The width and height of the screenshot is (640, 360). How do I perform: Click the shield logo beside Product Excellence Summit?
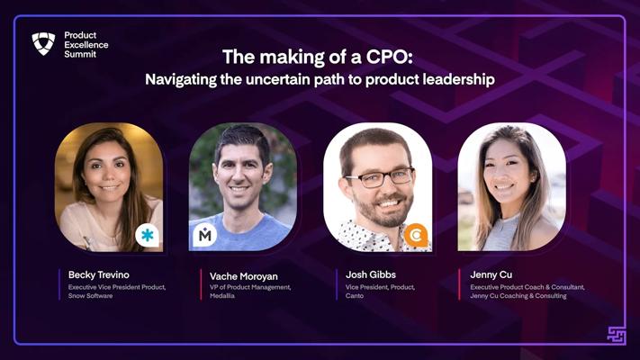pos(44,44)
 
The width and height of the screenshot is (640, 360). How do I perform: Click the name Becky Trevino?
pos(99,274)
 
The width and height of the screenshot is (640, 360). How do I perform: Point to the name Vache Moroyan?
pos(244,276)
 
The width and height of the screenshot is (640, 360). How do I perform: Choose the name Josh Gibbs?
pos(371,274)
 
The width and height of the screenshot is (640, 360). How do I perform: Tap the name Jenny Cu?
pos(491,274)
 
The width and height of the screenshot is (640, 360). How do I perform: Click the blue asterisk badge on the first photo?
pos(147,235)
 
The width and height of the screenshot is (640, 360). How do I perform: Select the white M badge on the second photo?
pos(204,235)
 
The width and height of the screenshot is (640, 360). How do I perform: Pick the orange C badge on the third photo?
pos(416,236)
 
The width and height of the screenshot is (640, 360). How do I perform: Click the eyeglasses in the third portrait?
pos(380,177)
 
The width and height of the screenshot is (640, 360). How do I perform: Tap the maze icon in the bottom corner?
pos(616,335)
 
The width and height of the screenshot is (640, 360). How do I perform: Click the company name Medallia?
pos(222,295)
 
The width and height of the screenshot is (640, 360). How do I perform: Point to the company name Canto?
pos(355,295)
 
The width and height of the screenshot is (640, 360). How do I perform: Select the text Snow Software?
pos(90,295)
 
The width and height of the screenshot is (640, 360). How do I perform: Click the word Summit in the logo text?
pos(80,54)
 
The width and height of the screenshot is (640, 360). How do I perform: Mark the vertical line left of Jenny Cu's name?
pos(459,284)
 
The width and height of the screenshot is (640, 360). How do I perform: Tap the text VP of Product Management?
pos(250,287)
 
